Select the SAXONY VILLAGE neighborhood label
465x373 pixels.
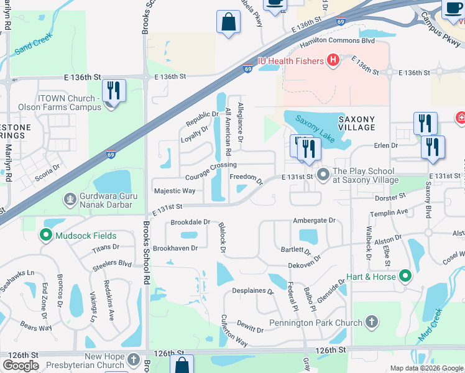click(x=357, y=122)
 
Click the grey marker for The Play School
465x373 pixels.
click(x=323, y=175)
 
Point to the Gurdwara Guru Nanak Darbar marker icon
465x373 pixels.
click(x=70, y=200)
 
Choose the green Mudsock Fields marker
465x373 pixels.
click(x=45, y=236)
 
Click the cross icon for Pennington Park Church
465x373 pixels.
click(x=371, y=322)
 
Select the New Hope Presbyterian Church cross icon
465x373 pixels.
click(x=135, y=360)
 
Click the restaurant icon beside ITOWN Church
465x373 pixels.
click(x=114, y=90)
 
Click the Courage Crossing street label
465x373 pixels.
click(x=210, y=165)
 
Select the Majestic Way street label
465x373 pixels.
click(x=174, y=191)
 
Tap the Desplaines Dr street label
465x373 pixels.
click(x=253, y=291)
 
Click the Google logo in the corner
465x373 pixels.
click(x=21, y=366)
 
